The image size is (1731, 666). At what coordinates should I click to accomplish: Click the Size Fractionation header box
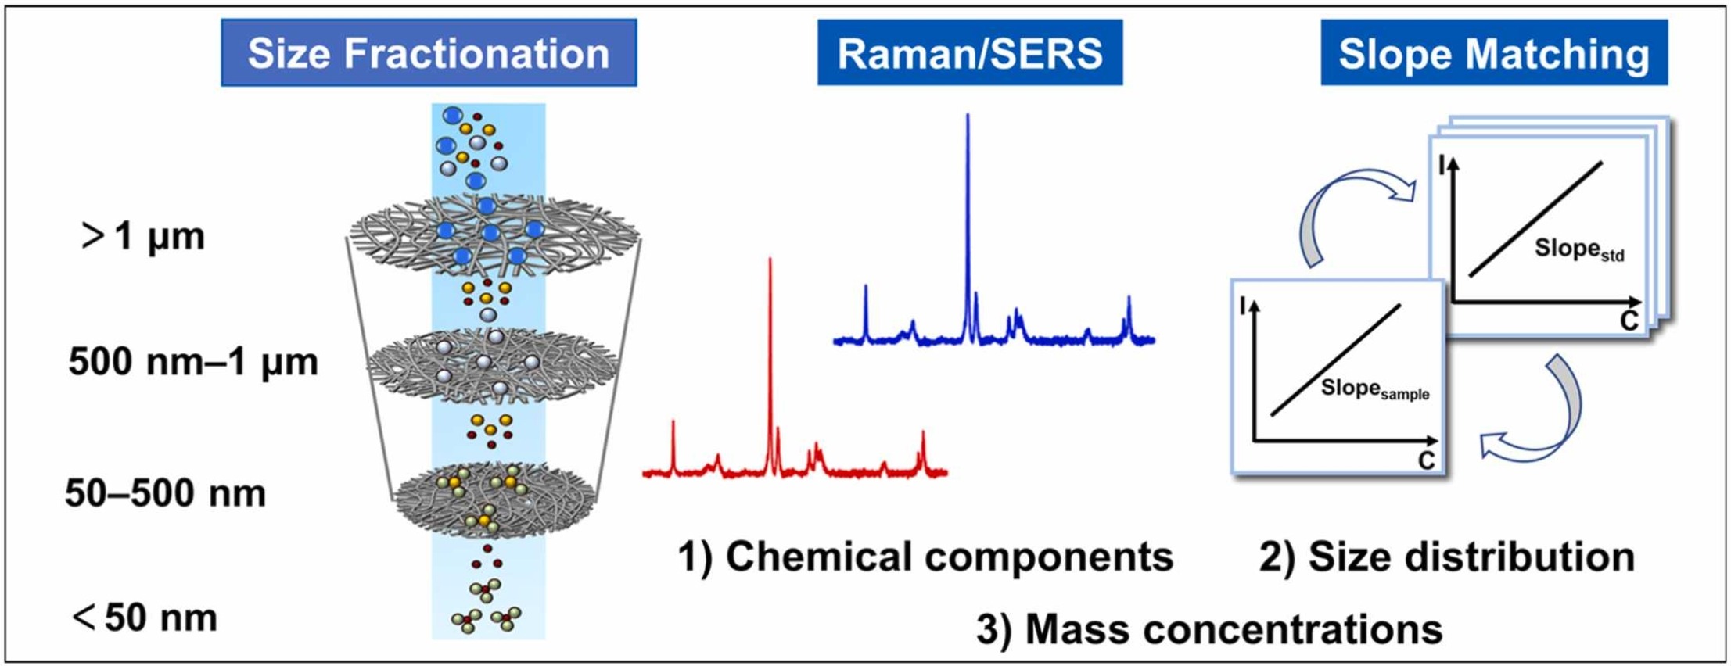click(429, 53)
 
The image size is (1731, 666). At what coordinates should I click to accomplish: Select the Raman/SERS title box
click(970, 53)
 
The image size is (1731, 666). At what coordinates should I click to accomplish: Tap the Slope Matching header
click(1494, 53)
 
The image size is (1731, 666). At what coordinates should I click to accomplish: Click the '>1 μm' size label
click(144, 235)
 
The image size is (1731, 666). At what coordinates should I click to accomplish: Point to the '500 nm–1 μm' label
click(193, 362)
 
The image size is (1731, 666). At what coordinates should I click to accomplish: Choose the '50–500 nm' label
click(166, 493)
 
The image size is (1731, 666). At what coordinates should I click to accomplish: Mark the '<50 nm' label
click(145, 618)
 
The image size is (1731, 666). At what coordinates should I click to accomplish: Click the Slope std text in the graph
click(1578, 249)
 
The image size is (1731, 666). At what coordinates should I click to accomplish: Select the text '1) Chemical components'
click(925, 557)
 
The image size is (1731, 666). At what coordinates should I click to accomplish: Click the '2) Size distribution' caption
click(1446, 557)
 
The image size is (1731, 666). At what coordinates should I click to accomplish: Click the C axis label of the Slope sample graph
click(1426, 461)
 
